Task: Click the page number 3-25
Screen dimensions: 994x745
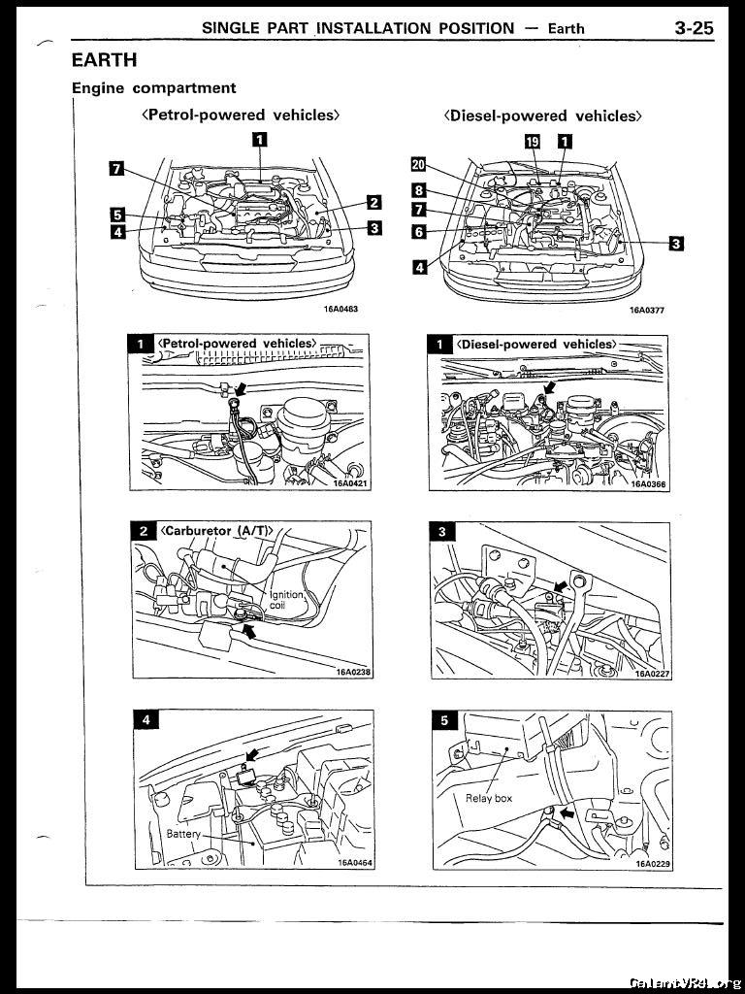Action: [x=694, y=28]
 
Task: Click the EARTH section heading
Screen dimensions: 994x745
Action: [x=104, y=60]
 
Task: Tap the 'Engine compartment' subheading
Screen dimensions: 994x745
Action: [x=154, y=87]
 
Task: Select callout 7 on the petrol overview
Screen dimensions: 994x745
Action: [x=115, y=170]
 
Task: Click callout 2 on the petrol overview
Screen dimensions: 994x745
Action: [x=373, y=203]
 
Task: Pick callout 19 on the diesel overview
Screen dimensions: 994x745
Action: [x=532, y=142]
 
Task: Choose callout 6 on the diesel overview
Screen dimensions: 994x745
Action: [x=418, y=232]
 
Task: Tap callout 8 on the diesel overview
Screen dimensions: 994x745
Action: [x=418, y=190]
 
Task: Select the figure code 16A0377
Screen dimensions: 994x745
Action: [x=646, y=311]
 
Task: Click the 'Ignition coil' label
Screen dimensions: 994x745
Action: [x=286, y=600]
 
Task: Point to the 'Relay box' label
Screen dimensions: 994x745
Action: [x=489, y=799]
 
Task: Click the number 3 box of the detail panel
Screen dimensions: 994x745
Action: [x=441, y=531]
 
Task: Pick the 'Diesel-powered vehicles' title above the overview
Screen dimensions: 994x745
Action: [x=543, y=116]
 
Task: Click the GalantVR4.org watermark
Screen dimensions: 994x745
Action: [x=685, y=981]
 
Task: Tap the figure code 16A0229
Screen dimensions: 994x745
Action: [x=653, y=863]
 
